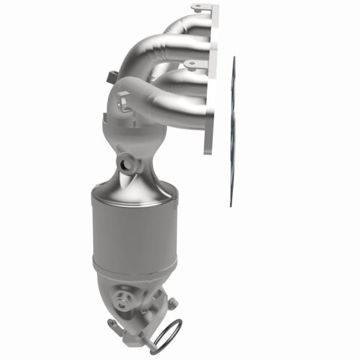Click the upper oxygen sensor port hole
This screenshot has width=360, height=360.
(125, 163)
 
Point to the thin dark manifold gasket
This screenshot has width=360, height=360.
(233, 132)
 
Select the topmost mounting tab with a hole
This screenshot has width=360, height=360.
(199, 8)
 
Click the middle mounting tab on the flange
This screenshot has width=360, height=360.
(191, 63)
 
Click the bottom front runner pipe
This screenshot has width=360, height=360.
(180, 105)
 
